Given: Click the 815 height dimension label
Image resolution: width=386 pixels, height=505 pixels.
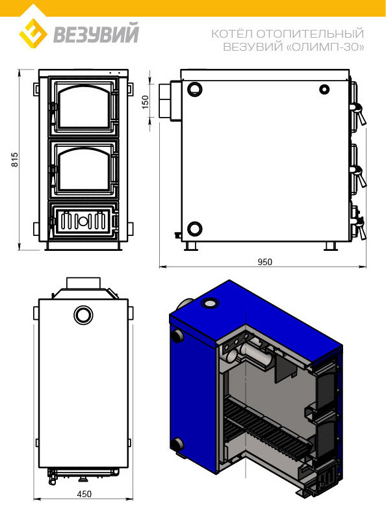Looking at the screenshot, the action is [x=15, y=159].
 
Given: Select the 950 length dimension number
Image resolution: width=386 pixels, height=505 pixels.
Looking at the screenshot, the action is [x=264, y=262].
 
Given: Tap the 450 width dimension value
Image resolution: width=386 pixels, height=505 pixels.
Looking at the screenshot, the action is [x=84, y=494].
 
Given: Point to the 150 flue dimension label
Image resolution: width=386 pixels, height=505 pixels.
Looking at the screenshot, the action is [x=146, y=102].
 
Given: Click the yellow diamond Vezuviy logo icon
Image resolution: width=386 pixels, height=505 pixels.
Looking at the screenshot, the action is [x=33, y=33].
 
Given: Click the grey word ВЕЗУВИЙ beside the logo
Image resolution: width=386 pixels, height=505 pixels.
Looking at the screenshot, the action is [x=96, y=33].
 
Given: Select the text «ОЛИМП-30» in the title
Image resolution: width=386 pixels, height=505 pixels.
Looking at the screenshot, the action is [x=325, y=47].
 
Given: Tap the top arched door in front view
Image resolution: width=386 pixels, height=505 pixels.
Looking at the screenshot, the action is [x=84, y=107].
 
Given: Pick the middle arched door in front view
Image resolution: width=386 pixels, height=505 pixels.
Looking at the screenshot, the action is [x=84, y=169].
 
